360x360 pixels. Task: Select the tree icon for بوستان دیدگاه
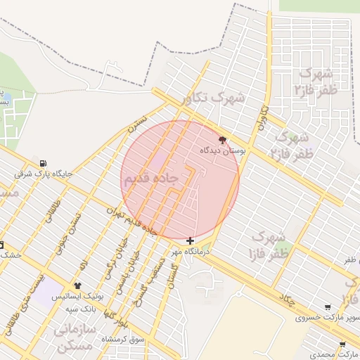(x=224, y=140)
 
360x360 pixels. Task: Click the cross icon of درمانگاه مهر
(x=190, y=240)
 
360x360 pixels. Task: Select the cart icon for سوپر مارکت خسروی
(x=328, y=307)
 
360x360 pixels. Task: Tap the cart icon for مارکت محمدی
(x=342, y=345)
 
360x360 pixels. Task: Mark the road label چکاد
(x=287, y=298)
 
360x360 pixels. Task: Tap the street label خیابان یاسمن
(x=124, y=278)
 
